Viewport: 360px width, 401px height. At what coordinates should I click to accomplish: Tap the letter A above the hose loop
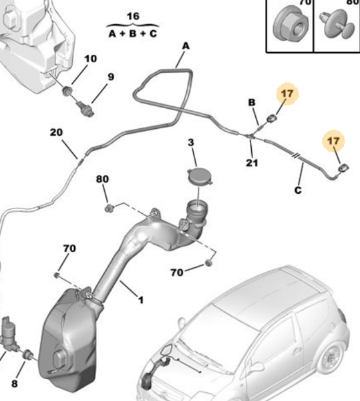(186, 46)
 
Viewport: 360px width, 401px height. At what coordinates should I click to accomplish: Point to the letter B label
(252, 102)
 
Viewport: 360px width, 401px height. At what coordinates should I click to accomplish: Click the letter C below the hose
(298, 190)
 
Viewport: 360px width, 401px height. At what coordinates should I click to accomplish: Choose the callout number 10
(90, 59)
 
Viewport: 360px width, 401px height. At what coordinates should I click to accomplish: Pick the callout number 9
(110, 77)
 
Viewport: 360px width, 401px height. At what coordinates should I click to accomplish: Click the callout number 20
(56, 132)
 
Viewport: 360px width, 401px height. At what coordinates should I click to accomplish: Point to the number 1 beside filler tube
(140, 300)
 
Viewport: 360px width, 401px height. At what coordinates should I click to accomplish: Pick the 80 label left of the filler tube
(102, 180)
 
